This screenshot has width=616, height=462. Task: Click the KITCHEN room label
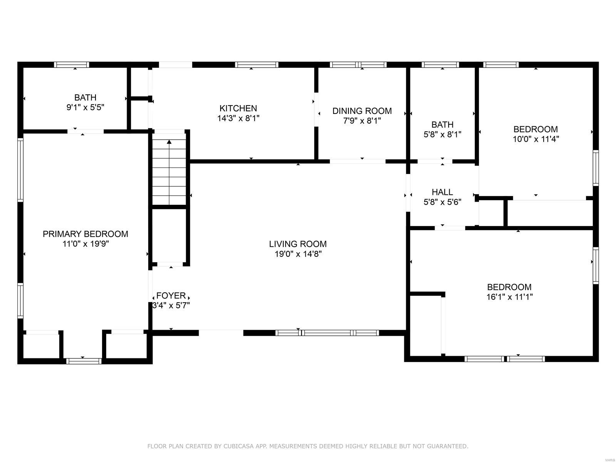click(238, 108)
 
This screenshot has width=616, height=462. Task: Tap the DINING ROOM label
click(362, 111)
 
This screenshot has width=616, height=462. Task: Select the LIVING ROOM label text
click(298, 244)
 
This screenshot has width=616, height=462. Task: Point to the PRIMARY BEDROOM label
click(85, 234)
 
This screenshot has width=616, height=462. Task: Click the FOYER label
click(171, 295)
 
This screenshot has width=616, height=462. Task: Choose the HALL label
click(442, 192)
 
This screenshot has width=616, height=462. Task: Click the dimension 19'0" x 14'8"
click(298, 254)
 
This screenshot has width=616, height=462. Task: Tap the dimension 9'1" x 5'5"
click(85, 107)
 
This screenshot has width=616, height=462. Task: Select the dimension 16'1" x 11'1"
click(509, 297)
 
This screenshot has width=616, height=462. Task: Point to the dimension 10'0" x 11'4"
click(536, 139)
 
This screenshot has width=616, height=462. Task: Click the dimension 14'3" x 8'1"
click(238, 118)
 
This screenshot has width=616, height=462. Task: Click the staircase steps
click(169, 169)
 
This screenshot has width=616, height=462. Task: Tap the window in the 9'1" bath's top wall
click(72, 65)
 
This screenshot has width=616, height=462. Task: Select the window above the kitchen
click(257, 65)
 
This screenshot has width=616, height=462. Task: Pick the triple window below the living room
click(327, 333)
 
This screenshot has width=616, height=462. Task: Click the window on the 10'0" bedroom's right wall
click(596, 168)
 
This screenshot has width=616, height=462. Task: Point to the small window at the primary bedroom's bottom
click(84, 361)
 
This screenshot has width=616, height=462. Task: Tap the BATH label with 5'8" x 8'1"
click(442, 124)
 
